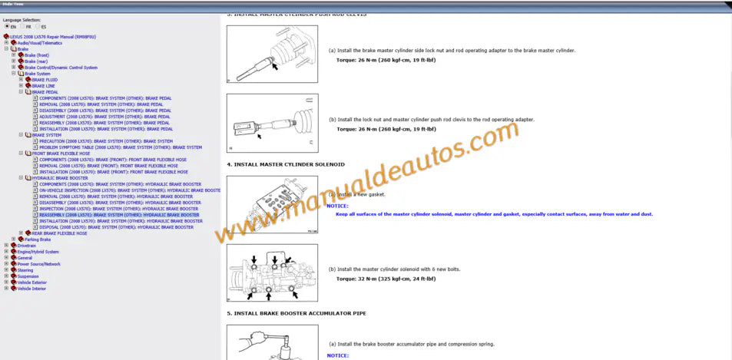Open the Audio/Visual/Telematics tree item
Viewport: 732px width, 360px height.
coord(40,43)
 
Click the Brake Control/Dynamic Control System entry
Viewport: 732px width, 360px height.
coord(61,68)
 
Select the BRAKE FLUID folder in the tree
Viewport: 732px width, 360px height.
coord(44,80)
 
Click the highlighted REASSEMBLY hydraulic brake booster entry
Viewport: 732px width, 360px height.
coord(119,215)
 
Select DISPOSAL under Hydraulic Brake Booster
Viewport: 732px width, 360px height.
coord(116,227)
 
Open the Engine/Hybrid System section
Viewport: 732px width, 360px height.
coord(38,252)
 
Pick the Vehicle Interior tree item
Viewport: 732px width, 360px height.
coord(31,289)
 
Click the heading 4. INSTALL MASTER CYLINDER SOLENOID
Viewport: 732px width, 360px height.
coord(286,164)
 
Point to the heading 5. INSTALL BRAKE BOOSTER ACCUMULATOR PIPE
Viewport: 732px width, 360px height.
coord(296,313)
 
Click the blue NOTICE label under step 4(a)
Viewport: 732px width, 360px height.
coord(337,206)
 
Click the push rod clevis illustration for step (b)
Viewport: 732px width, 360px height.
coord(272,123)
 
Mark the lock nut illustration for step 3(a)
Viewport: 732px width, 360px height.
coord(272,54)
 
